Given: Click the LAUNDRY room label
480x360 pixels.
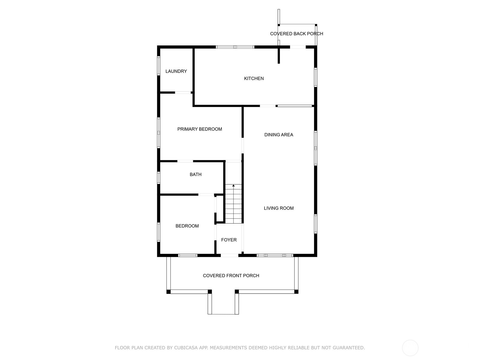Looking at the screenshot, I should point(176,71).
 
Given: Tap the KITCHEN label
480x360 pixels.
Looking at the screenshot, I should point(254,79).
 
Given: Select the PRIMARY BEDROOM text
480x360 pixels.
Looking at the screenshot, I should point(199,129).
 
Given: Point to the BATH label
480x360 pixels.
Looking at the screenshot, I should point(195,175).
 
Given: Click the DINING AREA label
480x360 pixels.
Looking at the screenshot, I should point(278,135).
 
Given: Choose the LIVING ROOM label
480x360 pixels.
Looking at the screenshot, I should point(278,208).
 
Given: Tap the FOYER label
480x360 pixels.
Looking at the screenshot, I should point(229,240).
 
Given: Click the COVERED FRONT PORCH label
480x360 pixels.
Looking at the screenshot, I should point(231,276).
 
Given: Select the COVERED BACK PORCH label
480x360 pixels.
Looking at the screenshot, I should point(296,34).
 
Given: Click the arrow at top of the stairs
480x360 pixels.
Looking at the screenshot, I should point(233,186).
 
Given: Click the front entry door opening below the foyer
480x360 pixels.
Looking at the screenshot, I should point(229,255).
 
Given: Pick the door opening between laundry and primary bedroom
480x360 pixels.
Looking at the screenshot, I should point(183,92).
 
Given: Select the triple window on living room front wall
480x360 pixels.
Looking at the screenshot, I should point(275,255).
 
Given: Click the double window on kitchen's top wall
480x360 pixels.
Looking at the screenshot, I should point(235,47).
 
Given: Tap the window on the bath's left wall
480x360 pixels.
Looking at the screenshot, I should point(159,177).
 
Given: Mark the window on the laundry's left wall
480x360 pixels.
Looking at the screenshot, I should point(159,65).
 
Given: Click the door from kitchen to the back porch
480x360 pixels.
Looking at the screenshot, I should point(298,47).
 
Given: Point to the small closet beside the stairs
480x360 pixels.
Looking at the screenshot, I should point(220,208).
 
